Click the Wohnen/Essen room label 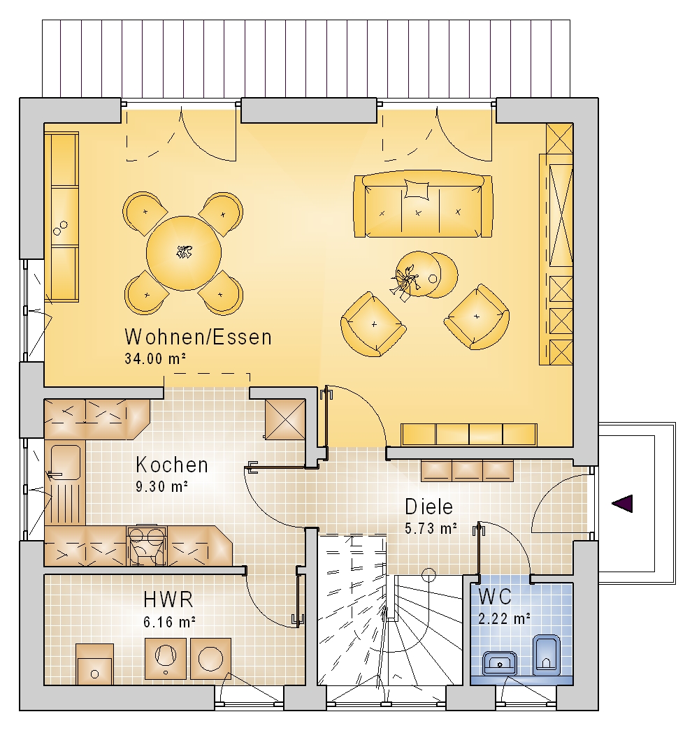tap(198, 337)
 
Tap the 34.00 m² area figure tap(155, 358)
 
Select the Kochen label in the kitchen tap(172, 465)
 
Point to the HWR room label tap(168, 599)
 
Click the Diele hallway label tap(428, 507)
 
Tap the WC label tap(495, 597)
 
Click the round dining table tap(183, 253)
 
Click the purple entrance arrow tap(622, 504)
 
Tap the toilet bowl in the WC tap(546, 655)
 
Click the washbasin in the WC tap(500, 663)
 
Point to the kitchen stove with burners tap(147, 546)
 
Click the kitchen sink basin tap(65, 463)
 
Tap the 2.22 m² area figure tap(504, 618)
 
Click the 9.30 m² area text tap(162, 486)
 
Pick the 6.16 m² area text tap(169, 622)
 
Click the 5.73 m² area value tap(431, 528)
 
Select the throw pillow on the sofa tap(417, 190)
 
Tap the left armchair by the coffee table tap(373, 324)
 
